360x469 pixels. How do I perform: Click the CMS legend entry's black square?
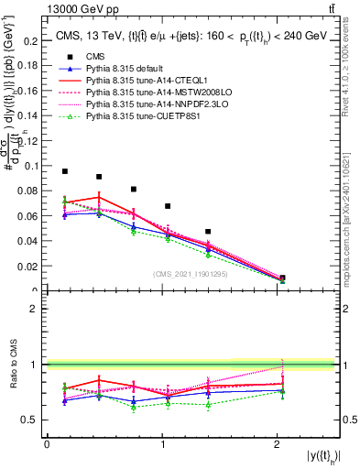point(65,56)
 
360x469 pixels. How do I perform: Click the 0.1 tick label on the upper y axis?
point(33,166)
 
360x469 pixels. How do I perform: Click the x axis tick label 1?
point(162,444)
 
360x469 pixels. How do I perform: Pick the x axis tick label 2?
point(278,444)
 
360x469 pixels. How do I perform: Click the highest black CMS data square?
point(65,171)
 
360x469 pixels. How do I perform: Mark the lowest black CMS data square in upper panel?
point(282,278)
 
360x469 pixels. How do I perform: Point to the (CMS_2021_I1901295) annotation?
point(191,274)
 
